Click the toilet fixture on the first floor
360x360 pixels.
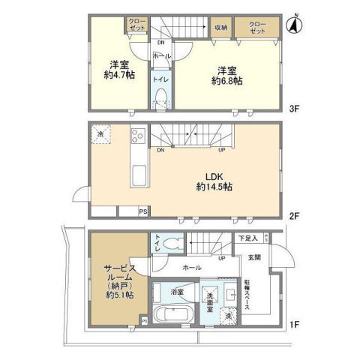173,243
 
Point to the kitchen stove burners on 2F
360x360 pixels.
139,137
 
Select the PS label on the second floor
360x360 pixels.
142,211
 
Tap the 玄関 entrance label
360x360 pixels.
253,259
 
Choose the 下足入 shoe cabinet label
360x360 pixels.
248,238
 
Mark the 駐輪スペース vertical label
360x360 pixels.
247,294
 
